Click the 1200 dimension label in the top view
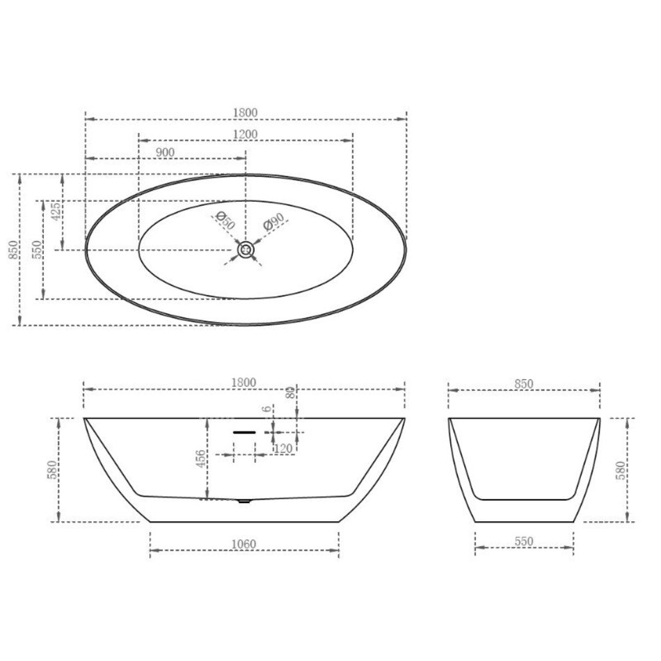pyautogui.click(x=245, y=134)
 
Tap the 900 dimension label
pyautogui.click(x=165, y=152)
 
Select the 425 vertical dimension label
pyautogui.click(x=56, y=212)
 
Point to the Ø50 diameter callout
pyautogui.click(x=225, y=221)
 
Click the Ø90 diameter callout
pyautogui.click(x=274, y=221)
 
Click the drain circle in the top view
pyautogui.click(x=246, y=250)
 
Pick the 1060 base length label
pyautogui.click(x=244, y=544)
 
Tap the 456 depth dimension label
pyautogui.click(x=200, y=459)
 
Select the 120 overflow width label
pyautogui.click(x=283, y=449)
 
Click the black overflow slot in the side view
pyautogui.click(x=244, y=433)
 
